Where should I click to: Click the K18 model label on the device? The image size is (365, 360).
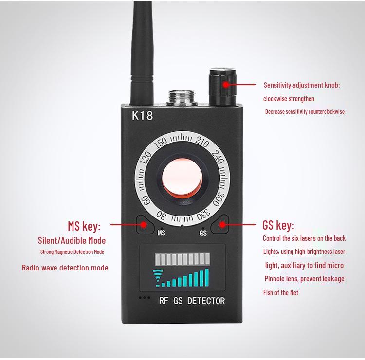click(x=142, y=116)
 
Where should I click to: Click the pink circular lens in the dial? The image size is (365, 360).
click(x=181, y=178)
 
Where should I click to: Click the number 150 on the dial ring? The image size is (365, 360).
click(x=160, y=142)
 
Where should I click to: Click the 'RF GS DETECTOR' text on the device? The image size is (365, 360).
click(x=192, y=301)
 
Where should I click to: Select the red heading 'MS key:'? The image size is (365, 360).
click(x=84, y=226)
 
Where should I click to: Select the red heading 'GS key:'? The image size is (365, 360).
click(x=278, y=225)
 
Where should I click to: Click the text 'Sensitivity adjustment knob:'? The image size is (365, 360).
click(x=302, y=85)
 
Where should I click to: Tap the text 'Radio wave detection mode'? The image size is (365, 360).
click(x=65, y=268)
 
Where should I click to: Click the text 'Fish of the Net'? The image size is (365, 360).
click(x=281, y=293)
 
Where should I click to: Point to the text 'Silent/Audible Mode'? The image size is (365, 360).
click(x=72, y=240)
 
